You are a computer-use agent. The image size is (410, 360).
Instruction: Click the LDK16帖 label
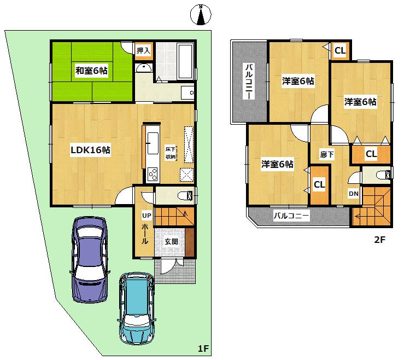[90, 150]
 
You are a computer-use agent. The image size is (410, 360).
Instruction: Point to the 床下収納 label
[171, 153]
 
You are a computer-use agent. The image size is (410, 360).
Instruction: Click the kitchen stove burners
[152, 175]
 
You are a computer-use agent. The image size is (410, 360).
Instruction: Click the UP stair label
[146, 216]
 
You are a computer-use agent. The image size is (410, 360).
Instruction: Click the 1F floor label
[203, 349]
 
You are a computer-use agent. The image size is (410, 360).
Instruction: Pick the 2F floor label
[379, 239]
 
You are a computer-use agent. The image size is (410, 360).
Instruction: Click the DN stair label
[354, 193]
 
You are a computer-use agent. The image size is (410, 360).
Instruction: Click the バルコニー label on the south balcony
[291, 216]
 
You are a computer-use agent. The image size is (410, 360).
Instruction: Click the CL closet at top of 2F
[340, 51]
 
